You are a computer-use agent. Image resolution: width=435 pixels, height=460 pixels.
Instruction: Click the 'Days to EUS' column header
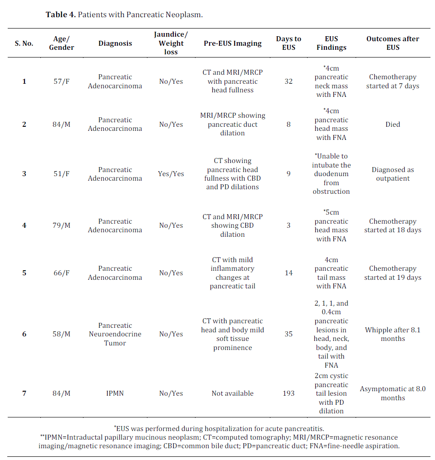point(288,43)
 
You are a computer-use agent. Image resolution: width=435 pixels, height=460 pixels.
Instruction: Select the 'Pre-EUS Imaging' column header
point(233,43)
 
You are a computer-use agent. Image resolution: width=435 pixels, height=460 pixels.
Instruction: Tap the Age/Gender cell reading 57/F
point(62,81)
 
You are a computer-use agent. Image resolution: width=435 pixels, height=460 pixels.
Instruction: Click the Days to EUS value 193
point(288,393)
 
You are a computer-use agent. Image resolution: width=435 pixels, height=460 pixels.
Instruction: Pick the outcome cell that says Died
point(393,124)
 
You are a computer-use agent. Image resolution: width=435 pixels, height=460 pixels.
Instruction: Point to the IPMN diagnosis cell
point(115,393)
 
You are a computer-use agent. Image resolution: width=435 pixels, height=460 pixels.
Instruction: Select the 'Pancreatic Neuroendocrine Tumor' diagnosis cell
point(115,334)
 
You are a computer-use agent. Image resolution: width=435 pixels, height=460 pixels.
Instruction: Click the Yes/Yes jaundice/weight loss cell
point(171,174)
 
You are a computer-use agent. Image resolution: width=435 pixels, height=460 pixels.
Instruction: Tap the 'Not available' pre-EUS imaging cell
point(233,393)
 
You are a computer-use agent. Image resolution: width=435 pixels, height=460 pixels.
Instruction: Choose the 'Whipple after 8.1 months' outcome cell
point(393,334)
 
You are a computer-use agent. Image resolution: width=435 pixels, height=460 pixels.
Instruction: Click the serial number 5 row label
point(24,273)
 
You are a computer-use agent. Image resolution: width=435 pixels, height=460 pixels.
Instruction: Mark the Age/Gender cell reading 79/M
point(62,225)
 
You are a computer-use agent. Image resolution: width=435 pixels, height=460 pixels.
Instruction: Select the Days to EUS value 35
point(288,334)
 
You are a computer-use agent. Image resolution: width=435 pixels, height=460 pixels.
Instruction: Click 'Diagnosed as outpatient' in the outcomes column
point(393,174)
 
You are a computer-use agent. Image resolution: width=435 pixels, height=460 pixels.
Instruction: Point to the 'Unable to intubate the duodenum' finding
point(331,174)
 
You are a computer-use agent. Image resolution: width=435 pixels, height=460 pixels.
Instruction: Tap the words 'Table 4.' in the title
point(61,14)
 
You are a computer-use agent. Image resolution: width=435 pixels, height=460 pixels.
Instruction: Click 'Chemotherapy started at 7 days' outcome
point(393,81)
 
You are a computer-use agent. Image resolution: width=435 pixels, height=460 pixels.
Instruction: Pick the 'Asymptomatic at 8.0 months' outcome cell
point(393,393)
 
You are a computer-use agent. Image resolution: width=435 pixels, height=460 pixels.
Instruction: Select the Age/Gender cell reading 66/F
point(62,273)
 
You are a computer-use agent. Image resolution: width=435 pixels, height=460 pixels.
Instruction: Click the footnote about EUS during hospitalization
point(219,428)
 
